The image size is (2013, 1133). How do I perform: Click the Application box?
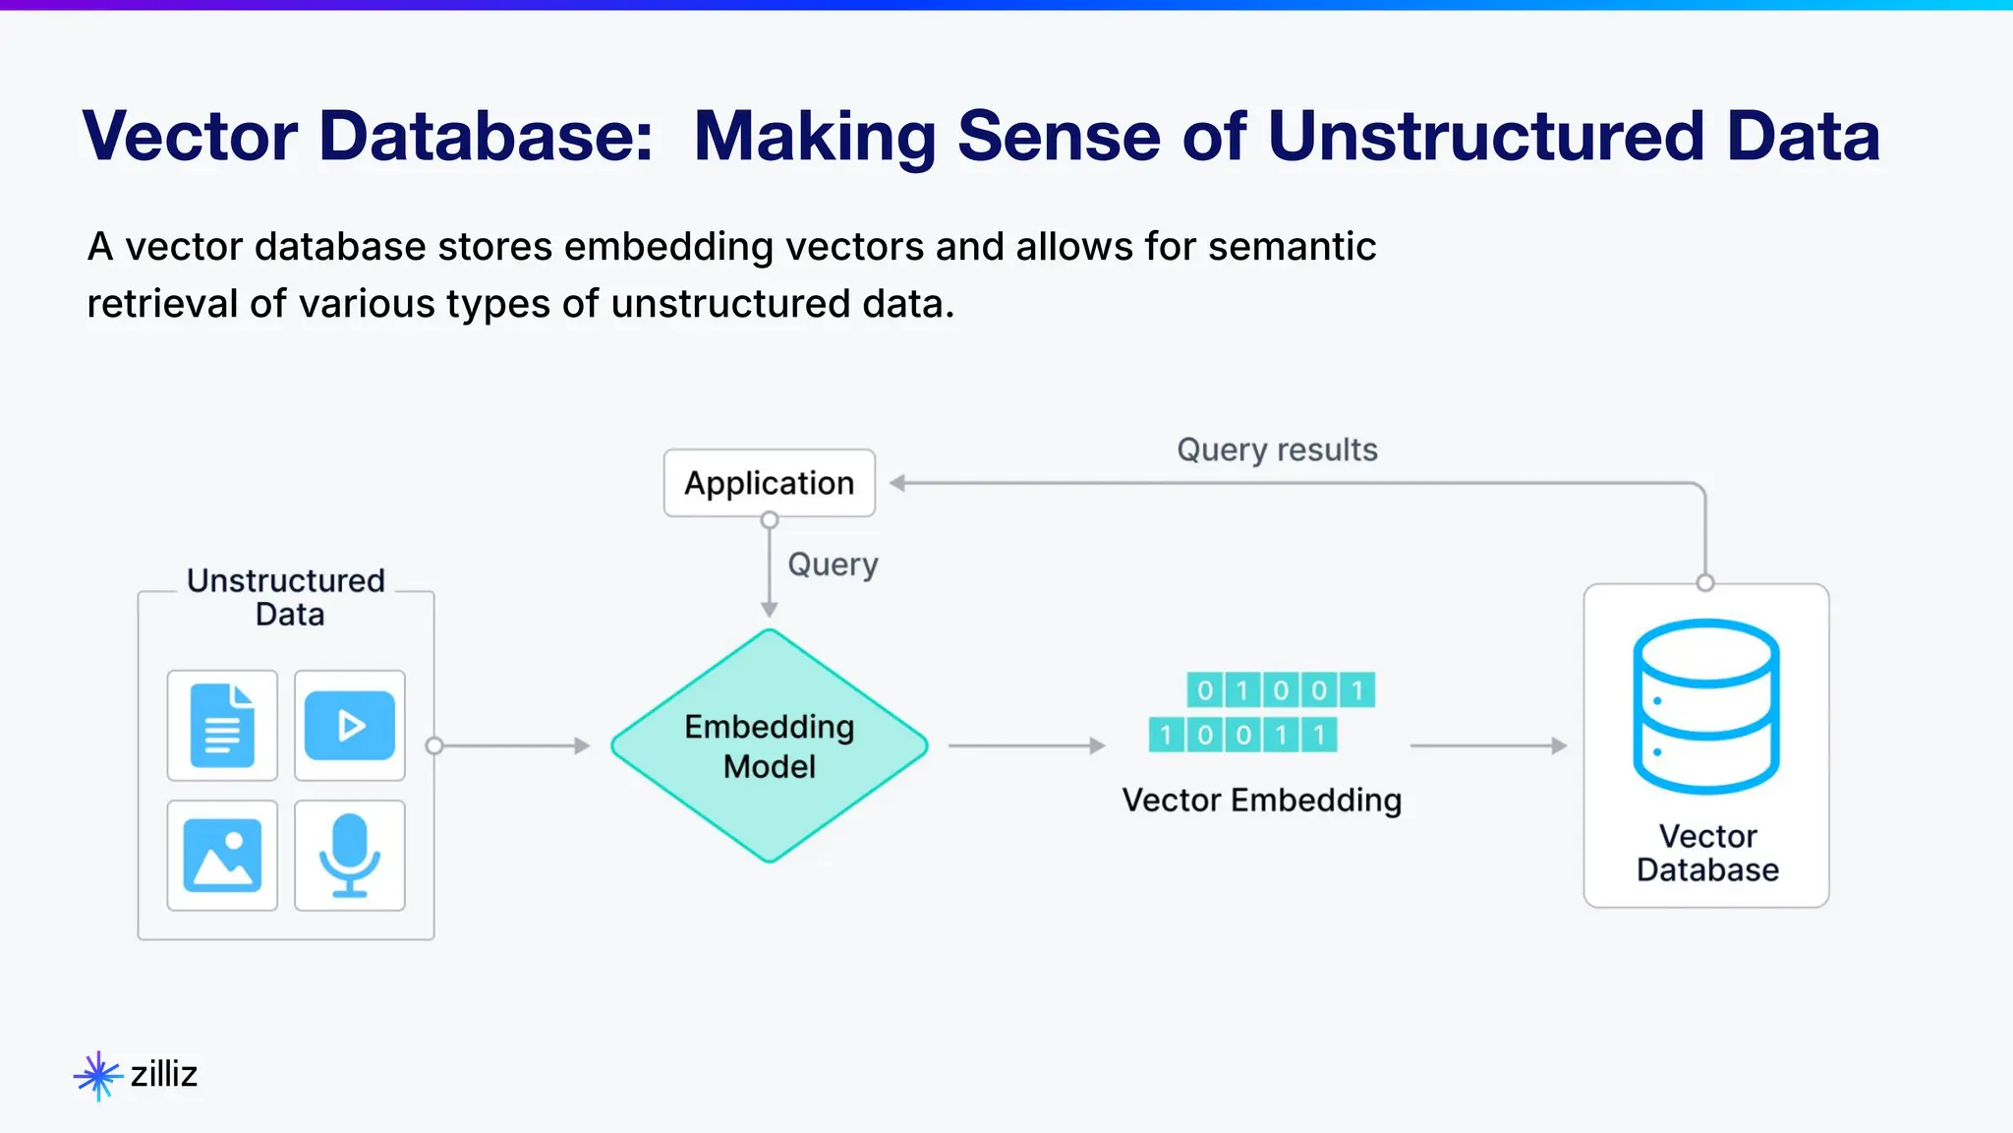click(769, 483)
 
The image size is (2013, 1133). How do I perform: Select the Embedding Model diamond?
click(769, 745)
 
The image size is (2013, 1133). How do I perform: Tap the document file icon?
click(222, 726)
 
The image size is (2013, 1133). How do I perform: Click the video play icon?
click(350, 726)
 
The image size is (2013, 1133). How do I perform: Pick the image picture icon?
click(222, 855)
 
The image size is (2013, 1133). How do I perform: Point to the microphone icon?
click(350, 855)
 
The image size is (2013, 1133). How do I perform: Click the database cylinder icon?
click(1705, 705)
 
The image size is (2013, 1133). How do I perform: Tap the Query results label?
click(1277, 449)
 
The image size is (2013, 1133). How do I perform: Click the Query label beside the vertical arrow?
click(833, 565)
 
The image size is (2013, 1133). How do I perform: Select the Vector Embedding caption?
click(1261, 800)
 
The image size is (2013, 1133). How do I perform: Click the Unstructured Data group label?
click(286, 597)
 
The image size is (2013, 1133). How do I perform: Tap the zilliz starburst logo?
click(97, 1075)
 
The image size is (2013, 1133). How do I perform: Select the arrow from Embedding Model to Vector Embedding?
click(1025, 746)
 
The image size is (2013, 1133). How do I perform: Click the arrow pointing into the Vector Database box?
click(1487, 746)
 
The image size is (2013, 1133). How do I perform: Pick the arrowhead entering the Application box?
click(896, 483)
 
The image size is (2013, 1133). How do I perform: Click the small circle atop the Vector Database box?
click(1705, 583)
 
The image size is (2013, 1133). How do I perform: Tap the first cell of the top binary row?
click(1204, 690)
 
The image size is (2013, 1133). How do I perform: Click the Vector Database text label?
click(1707, 853)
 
